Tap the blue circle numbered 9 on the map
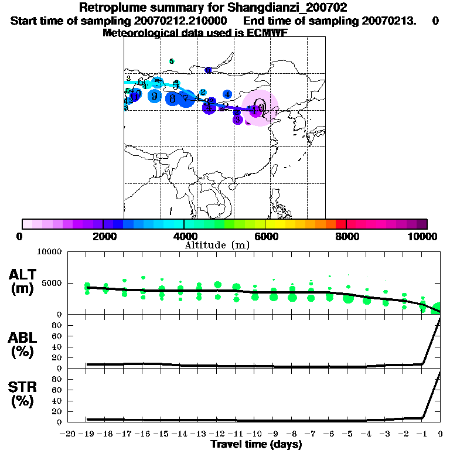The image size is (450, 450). click(155, 96)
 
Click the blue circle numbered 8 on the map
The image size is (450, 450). click(172, 98)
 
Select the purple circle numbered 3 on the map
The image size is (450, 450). click(237, 120)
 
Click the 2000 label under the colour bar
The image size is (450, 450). click(103, 236)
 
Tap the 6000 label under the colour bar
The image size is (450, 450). click(265, 236)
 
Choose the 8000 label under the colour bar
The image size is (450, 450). click(346, 236)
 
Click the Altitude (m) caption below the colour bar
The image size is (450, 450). click(217, 245)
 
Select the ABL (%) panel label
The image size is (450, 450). click(22, 345)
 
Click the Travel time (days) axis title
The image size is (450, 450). click(256, 445)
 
